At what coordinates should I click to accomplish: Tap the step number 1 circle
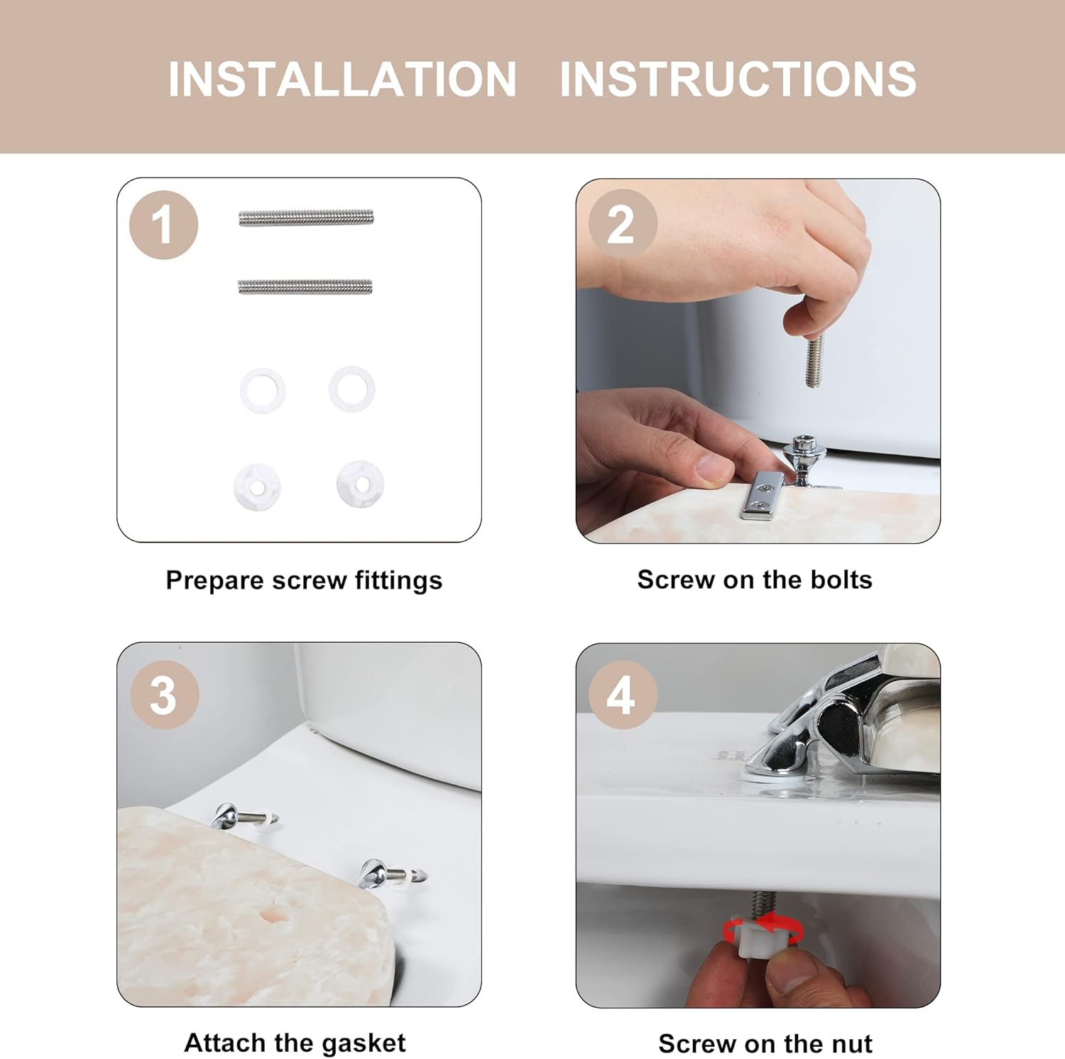[x=163, y=225]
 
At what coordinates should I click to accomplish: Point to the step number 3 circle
[x=164, y=695]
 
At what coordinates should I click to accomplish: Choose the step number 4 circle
[x=623, y=695]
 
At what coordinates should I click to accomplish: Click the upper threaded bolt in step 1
[x=306, y=218]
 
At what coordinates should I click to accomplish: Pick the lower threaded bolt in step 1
[x=305, y=286]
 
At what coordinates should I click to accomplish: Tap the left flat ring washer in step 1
[x=263, y=389]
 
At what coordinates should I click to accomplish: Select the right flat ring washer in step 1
[x=352, y=388]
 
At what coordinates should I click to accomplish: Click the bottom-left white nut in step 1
[x=257, y=487]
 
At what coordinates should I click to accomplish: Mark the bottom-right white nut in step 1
[x=361, y=484]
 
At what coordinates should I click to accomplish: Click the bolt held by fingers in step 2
[x=814, y=361]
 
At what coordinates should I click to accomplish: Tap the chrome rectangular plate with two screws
[x=761, y=495]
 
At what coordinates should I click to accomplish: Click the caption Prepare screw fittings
[x=304, y=580]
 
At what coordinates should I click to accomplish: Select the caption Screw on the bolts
[x=755, y=580]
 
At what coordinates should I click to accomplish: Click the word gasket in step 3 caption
[x=363, y=1043]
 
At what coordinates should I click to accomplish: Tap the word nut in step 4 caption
[x=849, y=1044]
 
